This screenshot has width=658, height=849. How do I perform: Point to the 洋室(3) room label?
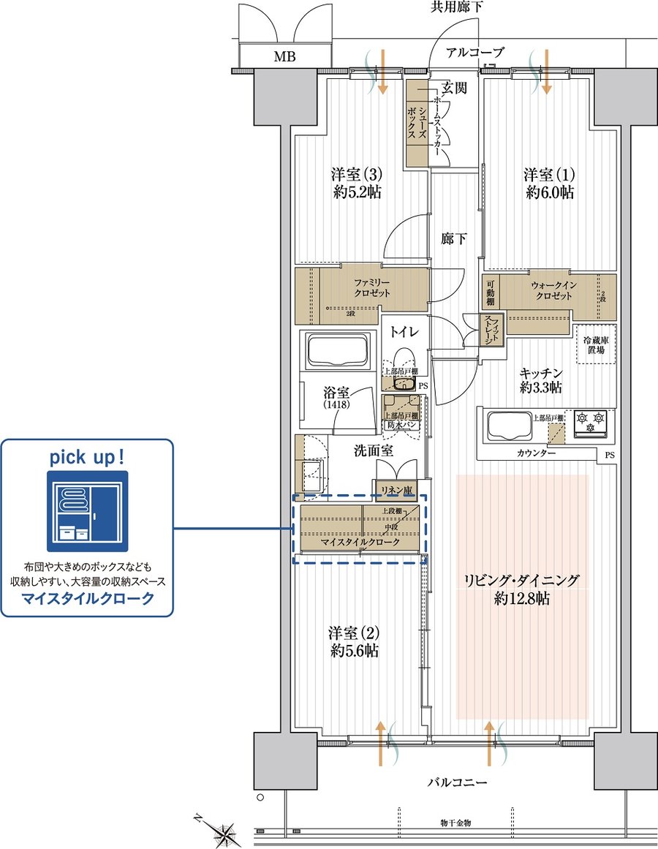click(357, 176)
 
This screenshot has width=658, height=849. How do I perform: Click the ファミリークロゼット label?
click(373, 287)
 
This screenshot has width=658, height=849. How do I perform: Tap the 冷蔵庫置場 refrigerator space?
click(596, 345)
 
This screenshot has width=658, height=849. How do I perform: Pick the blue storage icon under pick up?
click(87, 511)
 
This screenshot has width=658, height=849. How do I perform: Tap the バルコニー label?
click(457, 784)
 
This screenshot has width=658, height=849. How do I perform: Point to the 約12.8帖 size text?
click(522, 599)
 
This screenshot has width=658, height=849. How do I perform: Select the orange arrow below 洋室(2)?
click(380, 742)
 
